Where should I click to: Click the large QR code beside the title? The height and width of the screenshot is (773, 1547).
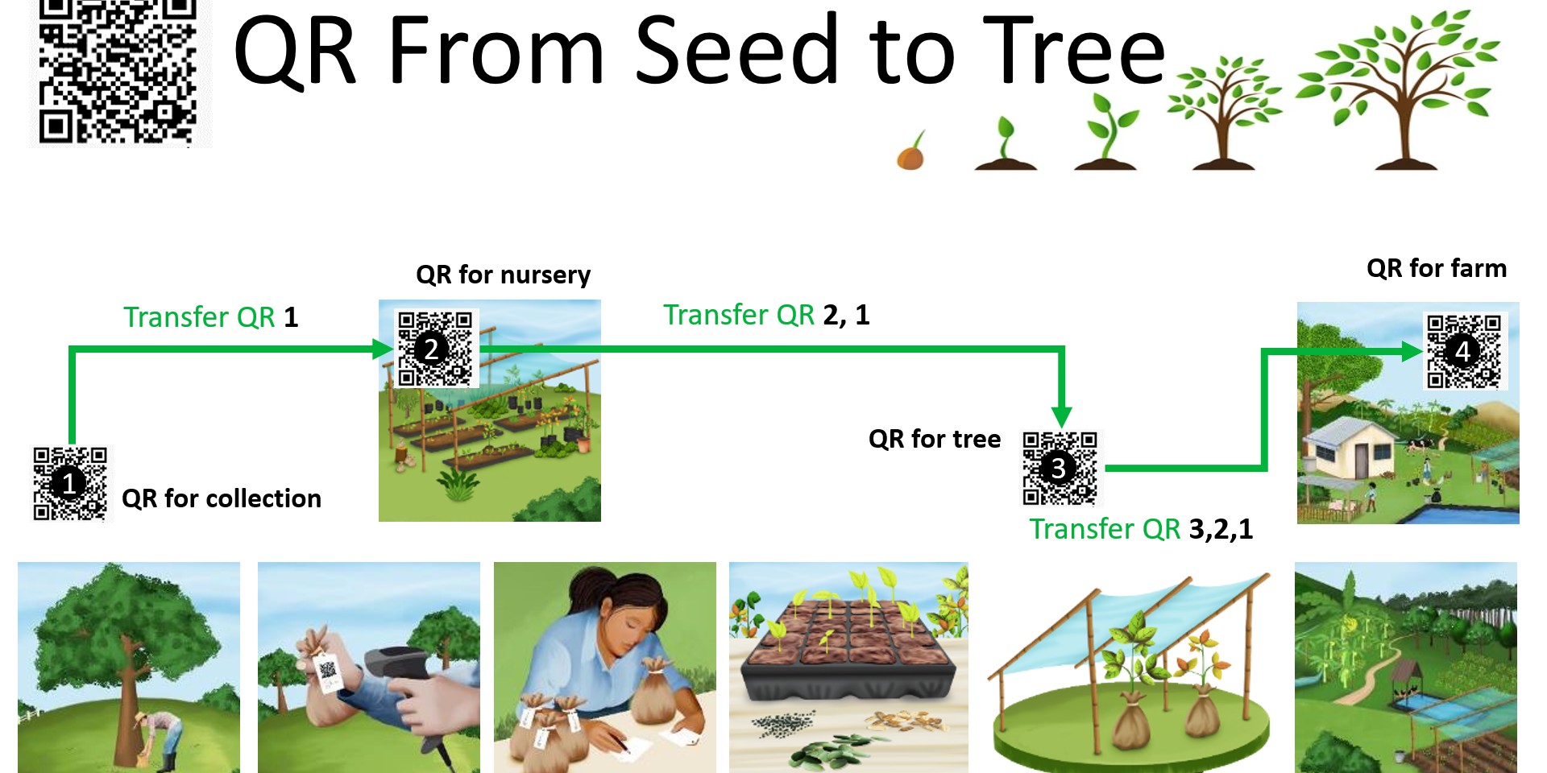click(x=118, y=72)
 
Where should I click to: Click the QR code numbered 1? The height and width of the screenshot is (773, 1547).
click(x=70, y=483)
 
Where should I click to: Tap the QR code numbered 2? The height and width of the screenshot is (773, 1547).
click(x=435, y=348)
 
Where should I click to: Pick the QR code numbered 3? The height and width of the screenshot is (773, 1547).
click(x=1060, y=468)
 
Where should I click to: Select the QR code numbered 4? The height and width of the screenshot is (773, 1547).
click(x=1464, y=351)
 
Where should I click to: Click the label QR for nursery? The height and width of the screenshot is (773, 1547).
click(x=504, y=275)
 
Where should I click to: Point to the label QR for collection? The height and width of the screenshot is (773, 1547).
click(x=222, y=499)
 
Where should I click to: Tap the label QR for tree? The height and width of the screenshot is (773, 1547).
click(x=935, y=439)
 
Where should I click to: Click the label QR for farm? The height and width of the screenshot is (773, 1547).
click(x=1437, y=268)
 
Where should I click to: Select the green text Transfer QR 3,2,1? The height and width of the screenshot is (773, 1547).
click(x=1141, y=529)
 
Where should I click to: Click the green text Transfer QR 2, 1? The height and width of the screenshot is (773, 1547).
click(x=766, y=315)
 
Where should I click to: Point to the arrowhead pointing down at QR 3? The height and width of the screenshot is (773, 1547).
click(x=1062, y=417)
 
